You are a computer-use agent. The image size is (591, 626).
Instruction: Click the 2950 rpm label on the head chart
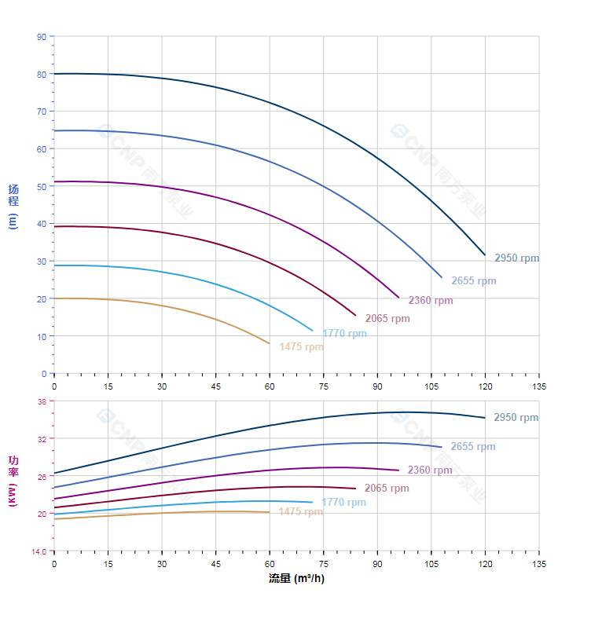pyautogui.click(x=516, y=258)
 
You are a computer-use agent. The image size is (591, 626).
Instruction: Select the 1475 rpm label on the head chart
pyautogui.click(x=301, y=347)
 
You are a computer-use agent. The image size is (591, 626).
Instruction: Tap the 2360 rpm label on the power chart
pyautogui.click(x=430, y=470)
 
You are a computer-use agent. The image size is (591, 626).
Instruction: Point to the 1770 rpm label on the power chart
pyautogui.click(x=344, y=503)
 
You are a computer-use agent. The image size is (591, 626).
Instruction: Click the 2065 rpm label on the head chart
pyautogui.click(x=387, y=319)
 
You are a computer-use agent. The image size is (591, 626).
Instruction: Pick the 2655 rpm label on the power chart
pyautogui.click(x=473, y=447)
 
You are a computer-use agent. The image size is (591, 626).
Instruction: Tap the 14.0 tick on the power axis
pyautogui.click(x=39, y=551)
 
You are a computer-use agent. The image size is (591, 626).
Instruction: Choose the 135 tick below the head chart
pyautogui.click(x=539, y=386)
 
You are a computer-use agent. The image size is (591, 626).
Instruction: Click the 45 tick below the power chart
pyautogui.click(x=216, y=564)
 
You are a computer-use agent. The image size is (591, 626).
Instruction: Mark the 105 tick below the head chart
pyautogui.click(x=431, y=386)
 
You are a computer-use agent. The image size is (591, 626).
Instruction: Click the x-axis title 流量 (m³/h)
pyautogui.click(x=296, y=579)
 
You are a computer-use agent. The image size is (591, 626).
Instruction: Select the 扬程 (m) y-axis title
pyautogui.click(x=13, y=205)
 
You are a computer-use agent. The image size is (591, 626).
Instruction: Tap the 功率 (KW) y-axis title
pyautogui.click(x=13, y=480)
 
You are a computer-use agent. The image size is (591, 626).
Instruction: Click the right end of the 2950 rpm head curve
pyautogui.click(x=485, y=254)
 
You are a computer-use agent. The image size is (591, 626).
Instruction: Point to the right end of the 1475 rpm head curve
pyautogui.click(x=270, y=344)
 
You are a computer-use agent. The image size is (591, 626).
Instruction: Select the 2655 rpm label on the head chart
pyautogui.click(x=473, y=281)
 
